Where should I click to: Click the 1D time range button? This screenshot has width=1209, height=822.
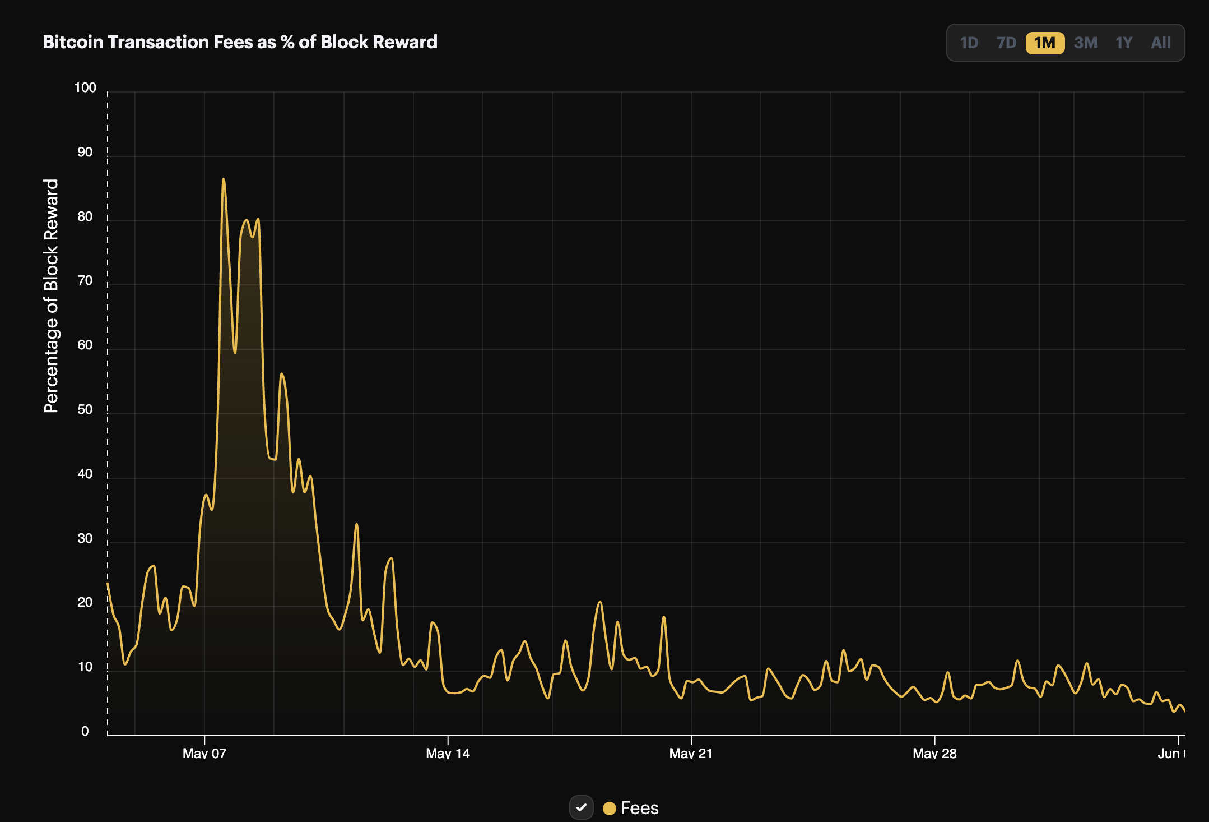coord(969,43)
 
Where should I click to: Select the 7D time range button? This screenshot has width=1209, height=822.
coord(1006,43)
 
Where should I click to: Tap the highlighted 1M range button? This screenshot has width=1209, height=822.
coord(1045,43)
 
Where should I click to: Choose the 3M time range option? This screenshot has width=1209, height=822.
coord(1086,43)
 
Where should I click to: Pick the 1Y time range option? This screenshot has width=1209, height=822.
coord(1124,43)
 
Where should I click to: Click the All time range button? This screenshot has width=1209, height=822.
coord(1161,43)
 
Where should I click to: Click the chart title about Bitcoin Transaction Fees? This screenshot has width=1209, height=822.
coord(240,42)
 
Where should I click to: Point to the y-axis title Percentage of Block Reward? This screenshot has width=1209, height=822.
coord(51,296)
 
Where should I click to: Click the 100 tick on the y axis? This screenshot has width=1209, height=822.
coord(85,87)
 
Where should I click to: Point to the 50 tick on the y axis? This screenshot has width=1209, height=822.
coord(85,409)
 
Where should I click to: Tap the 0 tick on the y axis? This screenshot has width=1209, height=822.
coord(85,731)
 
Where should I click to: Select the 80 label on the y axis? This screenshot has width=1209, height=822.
coord(85,216)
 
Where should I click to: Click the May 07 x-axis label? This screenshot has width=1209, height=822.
coord(204,753)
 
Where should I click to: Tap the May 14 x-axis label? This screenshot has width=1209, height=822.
coord(448,753)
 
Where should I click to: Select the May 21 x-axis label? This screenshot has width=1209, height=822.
coord(691,753)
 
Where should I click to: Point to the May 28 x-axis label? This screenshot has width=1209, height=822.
coord(934,753)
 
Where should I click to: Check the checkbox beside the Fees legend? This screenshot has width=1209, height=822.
coord(582,807)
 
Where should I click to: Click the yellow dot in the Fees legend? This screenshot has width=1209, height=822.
coord(610,808)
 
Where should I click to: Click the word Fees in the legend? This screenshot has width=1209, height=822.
coord(640,808)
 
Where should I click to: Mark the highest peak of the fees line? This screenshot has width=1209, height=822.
coord(224,179)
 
